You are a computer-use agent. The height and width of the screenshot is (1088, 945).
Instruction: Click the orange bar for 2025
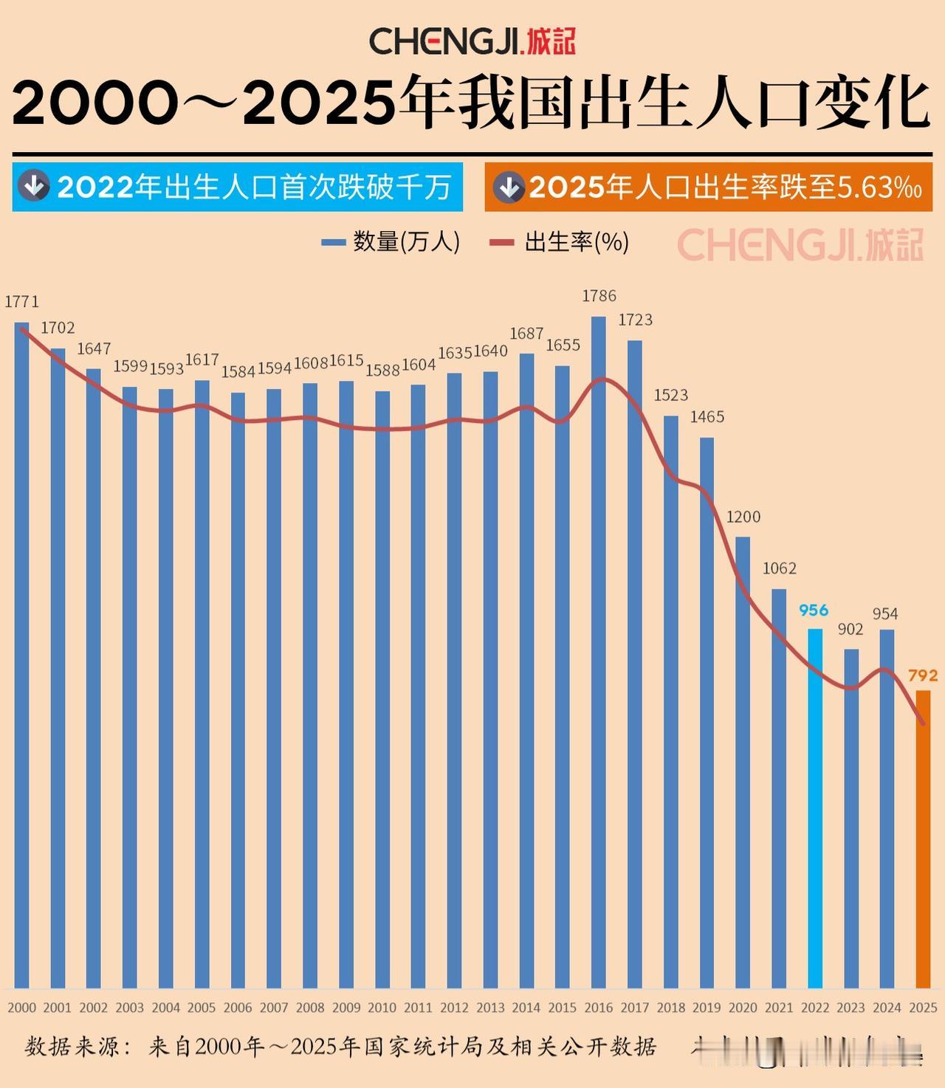coord(923,839)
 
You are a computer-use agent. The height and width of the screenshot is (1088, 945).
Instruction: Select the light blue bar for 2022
coord(814,808)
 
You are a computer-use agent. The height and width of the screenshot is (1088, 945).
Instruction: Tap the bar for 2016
coord(599,653)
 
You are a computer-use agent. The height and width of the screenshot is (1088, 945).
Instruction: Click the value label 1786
coord(599,296)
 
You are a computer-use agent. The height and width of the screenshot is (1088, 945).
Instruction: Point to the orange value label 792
coord(923,675)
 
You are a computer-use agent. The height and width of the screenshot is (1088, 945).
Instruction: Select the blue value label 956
coord(814,610)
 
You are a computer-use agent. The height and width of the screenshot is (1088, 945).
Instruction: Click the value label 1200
coord(743,517)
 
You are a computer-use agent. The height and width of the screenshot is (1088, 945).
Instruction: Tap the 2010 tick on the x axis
coord(382,1008)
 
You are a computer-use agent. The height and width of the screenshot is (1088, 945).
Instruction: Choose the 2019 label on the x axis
coord(707,1008)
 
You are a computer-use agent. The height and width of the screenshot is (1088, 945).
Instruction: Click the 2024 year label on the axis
coord(887,1008)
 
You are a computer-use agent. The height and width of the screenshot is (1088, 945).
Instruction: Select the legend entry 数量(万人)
coord(391,241)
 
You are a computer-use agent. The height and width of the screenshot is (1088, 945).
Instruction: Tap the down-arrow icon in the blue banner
coord(33,187)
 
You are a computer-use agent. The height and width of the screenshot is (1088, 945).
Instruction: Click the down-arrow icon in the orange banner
coord(509,187)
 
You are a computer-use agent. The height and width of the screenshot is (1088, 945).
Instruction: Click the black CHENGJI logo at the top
coord(472,41)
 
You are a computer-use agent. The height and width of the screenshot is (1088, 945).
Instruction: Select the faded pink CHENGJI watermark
coord(800,245)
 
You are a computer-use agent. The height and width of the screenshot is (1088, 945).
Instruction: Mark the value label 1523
coord(670,395)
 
